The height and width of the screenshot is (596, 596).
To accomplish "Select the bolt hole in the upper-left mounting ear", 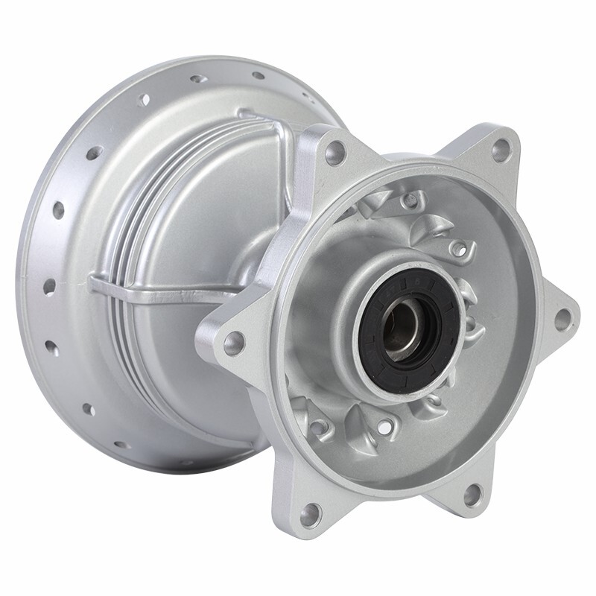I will click(x=335, y=153).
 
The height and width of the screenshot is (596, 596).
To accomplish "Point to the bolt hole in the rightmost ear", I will click(x=564, y=319).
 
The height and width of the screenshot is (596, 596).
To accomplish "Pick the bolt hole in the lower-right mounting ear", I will click(x=473, y=494).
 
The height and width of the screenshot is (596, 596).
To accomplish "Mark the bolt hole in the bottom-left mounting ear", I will click(x=311, y=513).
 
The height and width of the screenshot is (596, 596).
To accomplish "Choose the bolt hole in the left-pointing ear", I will click(x=234, y=343).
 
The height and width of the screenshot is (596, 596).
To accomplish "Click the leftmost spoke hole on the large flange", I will click(x=49, y=287).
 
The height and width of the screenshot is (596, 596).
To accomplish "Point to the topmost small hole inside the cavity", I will click(x=410, y=200).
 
